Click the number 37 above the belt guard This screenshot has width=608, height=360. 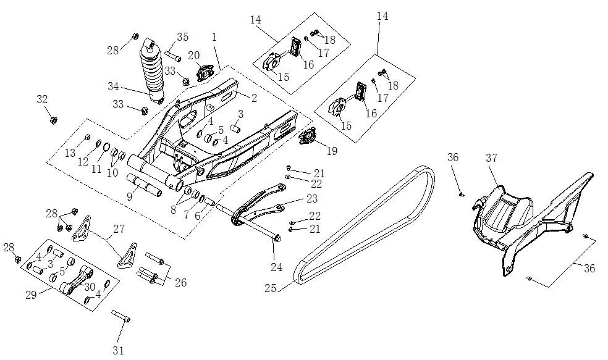click(x=491, y=158)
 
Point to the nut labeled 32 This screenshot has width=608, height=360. click(x=53, y=119)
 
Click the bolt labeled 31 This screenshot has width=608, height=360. click(x=120, y=316)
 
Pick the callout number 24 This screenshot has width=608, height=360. click(x=276, y=267)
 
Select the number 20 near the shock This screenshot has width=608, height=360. click(x=193, y=56)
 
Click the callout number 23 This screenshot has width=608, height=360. click(x=311, y=198)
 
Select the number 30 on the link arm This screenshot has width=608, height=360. click(x=90, y=287)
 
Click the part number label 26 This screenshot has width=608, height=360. click(x=180, y=282)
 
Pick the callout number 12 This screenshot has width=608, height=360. click(x=83, y=161)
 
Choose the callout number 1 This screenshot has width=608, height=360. click(x=214, y=37)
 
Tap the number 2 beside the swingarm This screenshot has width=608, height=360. click(x=253, y=97)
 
